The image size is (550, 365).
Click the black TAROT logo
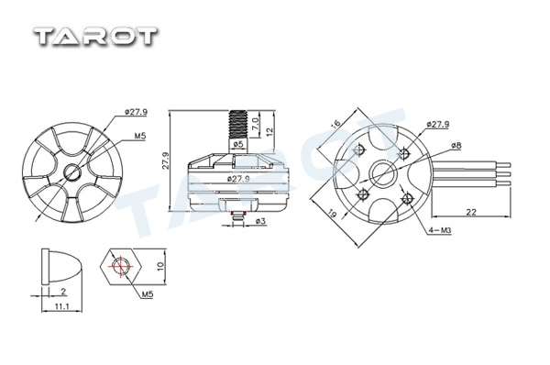[95, 36]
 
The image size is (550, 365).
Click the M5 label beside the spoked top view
[140, 136]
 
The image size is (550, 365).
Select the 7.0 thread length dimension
[256, 125]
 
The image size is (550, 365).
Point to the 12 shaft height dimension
[269, 132]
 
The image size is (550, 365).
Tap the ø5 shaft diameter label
[237, 144]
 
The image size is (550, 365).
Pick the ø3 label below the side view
[261, 221]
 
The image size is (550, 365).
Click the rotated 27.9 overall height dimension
[166, 160]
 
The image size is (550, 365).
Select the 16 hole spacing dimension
[335, 124]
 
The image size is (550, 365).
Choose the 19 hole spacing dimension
[333, 214]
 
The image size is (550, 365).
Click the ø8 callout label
[456, 145]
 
